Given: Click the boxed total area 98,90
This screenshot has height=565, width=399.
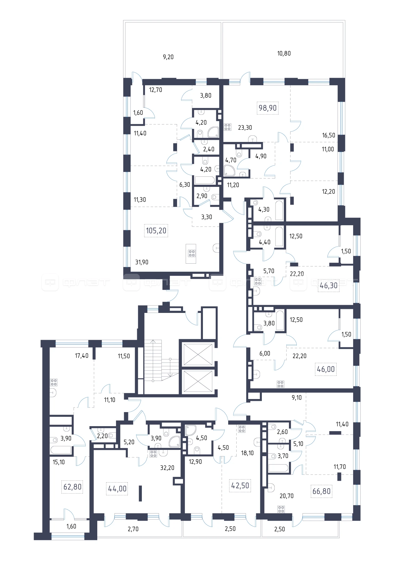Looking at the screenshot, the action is click(x=267, y=108).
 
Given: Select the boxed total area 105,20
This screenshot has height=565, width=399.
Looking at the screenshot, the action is click(x=156, y=231).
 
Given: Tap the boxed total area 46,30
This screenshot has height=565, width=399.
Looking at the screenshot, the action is click(x=329, y=285).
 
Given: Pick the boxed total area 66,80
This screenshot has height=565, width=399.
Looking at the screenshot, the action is click(x=321, y=491).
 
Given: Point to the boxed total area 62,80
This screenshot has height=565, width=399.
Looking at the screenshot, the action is click(x=72, y=487).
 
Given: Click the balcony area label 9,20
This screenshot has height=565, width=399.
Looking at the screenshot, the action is click(x=168, y=57).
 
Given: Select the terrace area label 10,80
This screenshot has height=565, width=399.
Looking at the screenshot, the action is click(x=284, y=53).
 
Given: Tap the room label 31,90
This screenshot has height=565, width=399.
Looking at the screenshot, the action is click(x=142, y=262).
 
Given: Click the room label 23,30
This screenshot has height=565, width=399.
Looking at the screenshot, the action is click(x=245, y=128).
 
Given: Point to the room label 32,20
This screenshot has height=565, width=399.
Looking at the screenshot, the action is click(x=167, y=468).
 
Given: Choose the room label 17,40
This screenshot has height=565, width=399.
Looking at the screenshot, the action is click(x=82, y=356).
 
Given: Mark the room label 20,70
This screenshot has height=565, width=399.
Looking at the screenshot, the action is click(x=286, y=496).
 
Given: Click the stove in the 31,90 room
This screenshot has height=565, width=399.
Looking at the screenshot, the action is click(x=192, y=253).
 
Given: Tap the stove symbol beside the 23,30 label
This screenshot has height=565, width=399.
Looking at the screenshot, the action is click(x=228, y=127).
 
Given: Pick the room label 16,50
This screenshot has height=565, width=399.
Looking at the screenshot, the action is click(x=329, y=135).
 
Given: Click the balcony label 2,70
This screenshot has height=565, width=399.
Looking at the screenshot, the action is click(x=133, y=529).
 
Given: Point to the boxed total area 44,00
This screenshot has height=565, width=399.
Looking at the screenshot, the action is click(x=117, y=489).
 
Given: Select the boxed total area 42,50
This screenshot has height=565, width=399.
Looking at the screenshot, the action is click(x=240, y=485).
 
